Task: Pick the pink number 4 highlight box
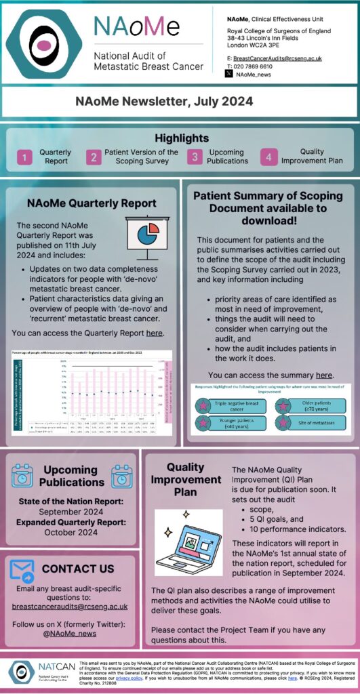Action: pyautogui.click(x=268, y=158)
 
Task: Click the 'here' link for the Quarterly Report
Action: pyautogui.click(x=155, y=333)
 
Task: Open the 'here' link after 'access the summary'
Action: pyautogui.click(x=324, y=375)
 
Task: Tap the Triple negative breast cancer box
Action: pyautogui.click(x=228, y=405)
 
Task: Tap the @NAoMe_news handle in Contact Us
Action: pyautogui.click(x=71, y=634)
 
